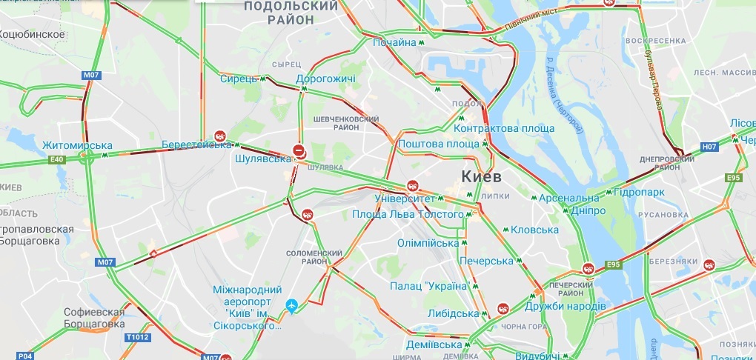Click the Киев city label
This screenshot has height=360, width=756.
click(482, 176)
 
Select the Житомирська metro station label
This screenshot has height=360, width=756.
click(77, 145)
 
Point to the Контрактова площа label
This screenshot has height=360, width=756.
click(504, 128)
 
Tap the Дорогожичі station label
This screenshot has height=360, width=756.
click(325, 79)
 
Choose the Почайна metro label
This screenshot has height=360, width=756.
click(394, 42)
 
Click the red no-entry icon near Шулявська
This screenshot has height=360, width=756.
click(299, 148)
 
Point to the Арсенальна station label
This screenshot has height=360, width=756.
click(568, 198)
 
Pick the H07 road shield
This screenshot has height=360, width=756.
click(710, 147)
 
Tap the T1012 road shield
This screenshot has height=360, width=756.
click(137, 336)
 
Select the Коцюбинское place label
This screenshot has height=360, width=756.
click(30, 34)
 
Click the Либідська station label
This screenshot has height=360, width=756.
click(453, 313)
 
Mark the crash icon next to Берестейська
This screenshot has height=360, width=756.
click(220, 136)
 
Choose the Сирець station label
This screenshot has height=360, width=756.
click(238, 79)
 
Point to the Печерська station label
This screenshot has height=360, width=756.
click(485, 261)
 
